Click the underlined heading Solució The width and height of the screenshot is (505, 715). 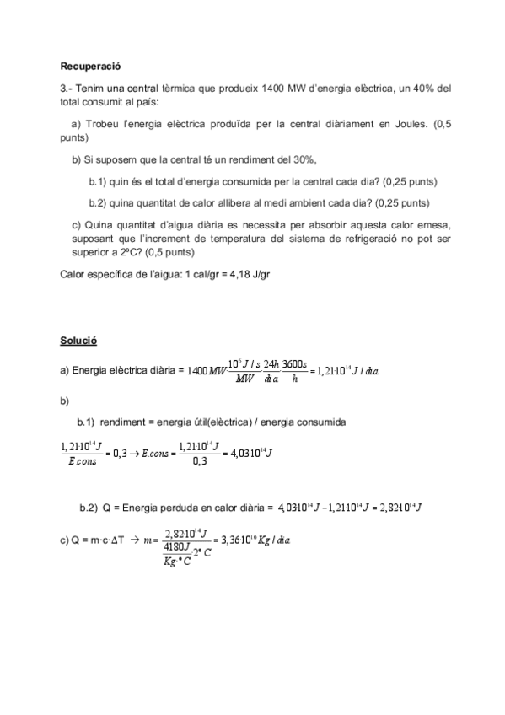coord(78,341)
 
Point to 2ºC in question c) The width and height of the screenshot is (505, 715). coord(123,251)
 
